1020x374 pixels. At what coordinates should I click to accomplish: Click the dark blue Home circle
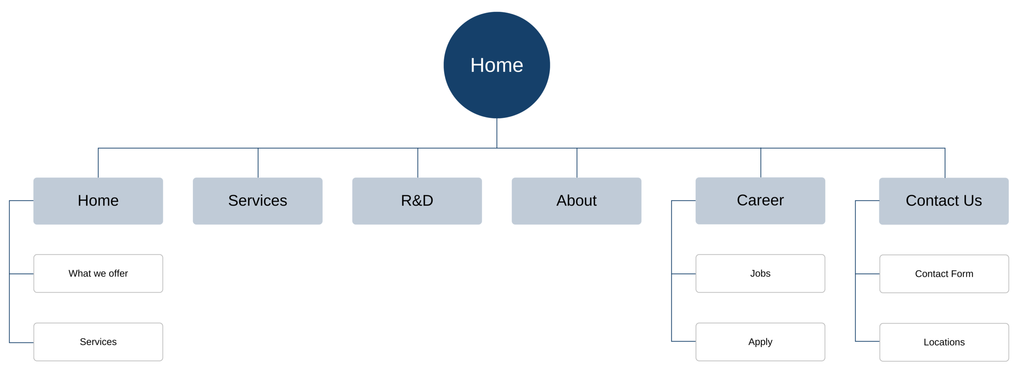(496, 65)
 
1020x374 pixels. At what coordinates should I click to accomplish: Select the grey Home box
(98, 201)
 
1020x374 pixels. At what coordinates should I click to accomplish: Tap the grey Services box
(257, 201)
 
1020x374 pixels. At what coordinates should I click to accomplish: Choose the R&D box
(417, 201)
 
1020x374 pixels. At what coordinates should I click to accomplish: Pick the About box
(576, 201)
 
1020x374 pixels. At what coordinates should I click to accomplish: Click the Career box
(760, 201)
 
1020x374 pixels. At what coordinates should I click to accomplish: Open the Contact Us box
(944, 201)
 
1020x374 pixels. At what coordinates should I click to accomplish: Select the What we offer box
(98, 274)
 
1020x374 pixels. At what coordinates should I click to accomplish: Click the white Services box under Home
(98, 342)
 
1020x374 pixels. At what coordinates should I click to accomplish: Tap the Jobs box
(760, 274)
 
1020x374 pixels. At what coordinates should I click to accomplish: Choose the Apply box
(760, 342)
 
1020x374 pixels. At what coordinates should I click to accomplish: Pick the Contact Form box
(944, 274)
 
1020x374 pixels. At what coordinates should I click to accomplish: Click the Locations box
(944, 342)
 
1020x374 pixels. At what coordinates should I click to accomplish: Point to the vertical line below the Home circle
(497, 133)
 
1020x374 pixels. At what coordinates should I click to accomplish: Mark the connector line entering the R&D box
(418, 163)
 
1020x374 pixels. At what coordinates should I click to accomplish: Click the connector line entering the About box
(577, 163)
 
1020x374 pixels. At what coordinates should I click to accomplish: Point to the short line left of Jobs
(684, 274)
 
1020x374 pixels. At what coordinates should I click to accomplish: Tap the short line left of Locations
(867, 341)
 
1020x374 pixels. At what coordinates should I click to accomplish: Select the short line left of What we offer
(22, 274)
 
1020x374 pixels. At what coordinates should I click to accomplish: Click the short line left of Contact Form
(867, 274)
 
